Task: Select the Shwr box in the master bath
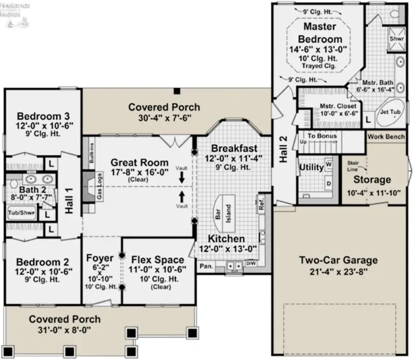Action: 396,39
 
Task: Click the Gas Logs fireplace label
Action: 98,187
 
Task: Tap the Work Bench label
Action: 386,137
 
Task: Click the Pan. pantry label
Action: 205,266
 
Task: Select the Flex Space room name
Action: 157,259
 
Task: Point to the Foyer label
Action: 100,258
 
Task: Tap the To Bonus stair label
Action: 322,136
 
